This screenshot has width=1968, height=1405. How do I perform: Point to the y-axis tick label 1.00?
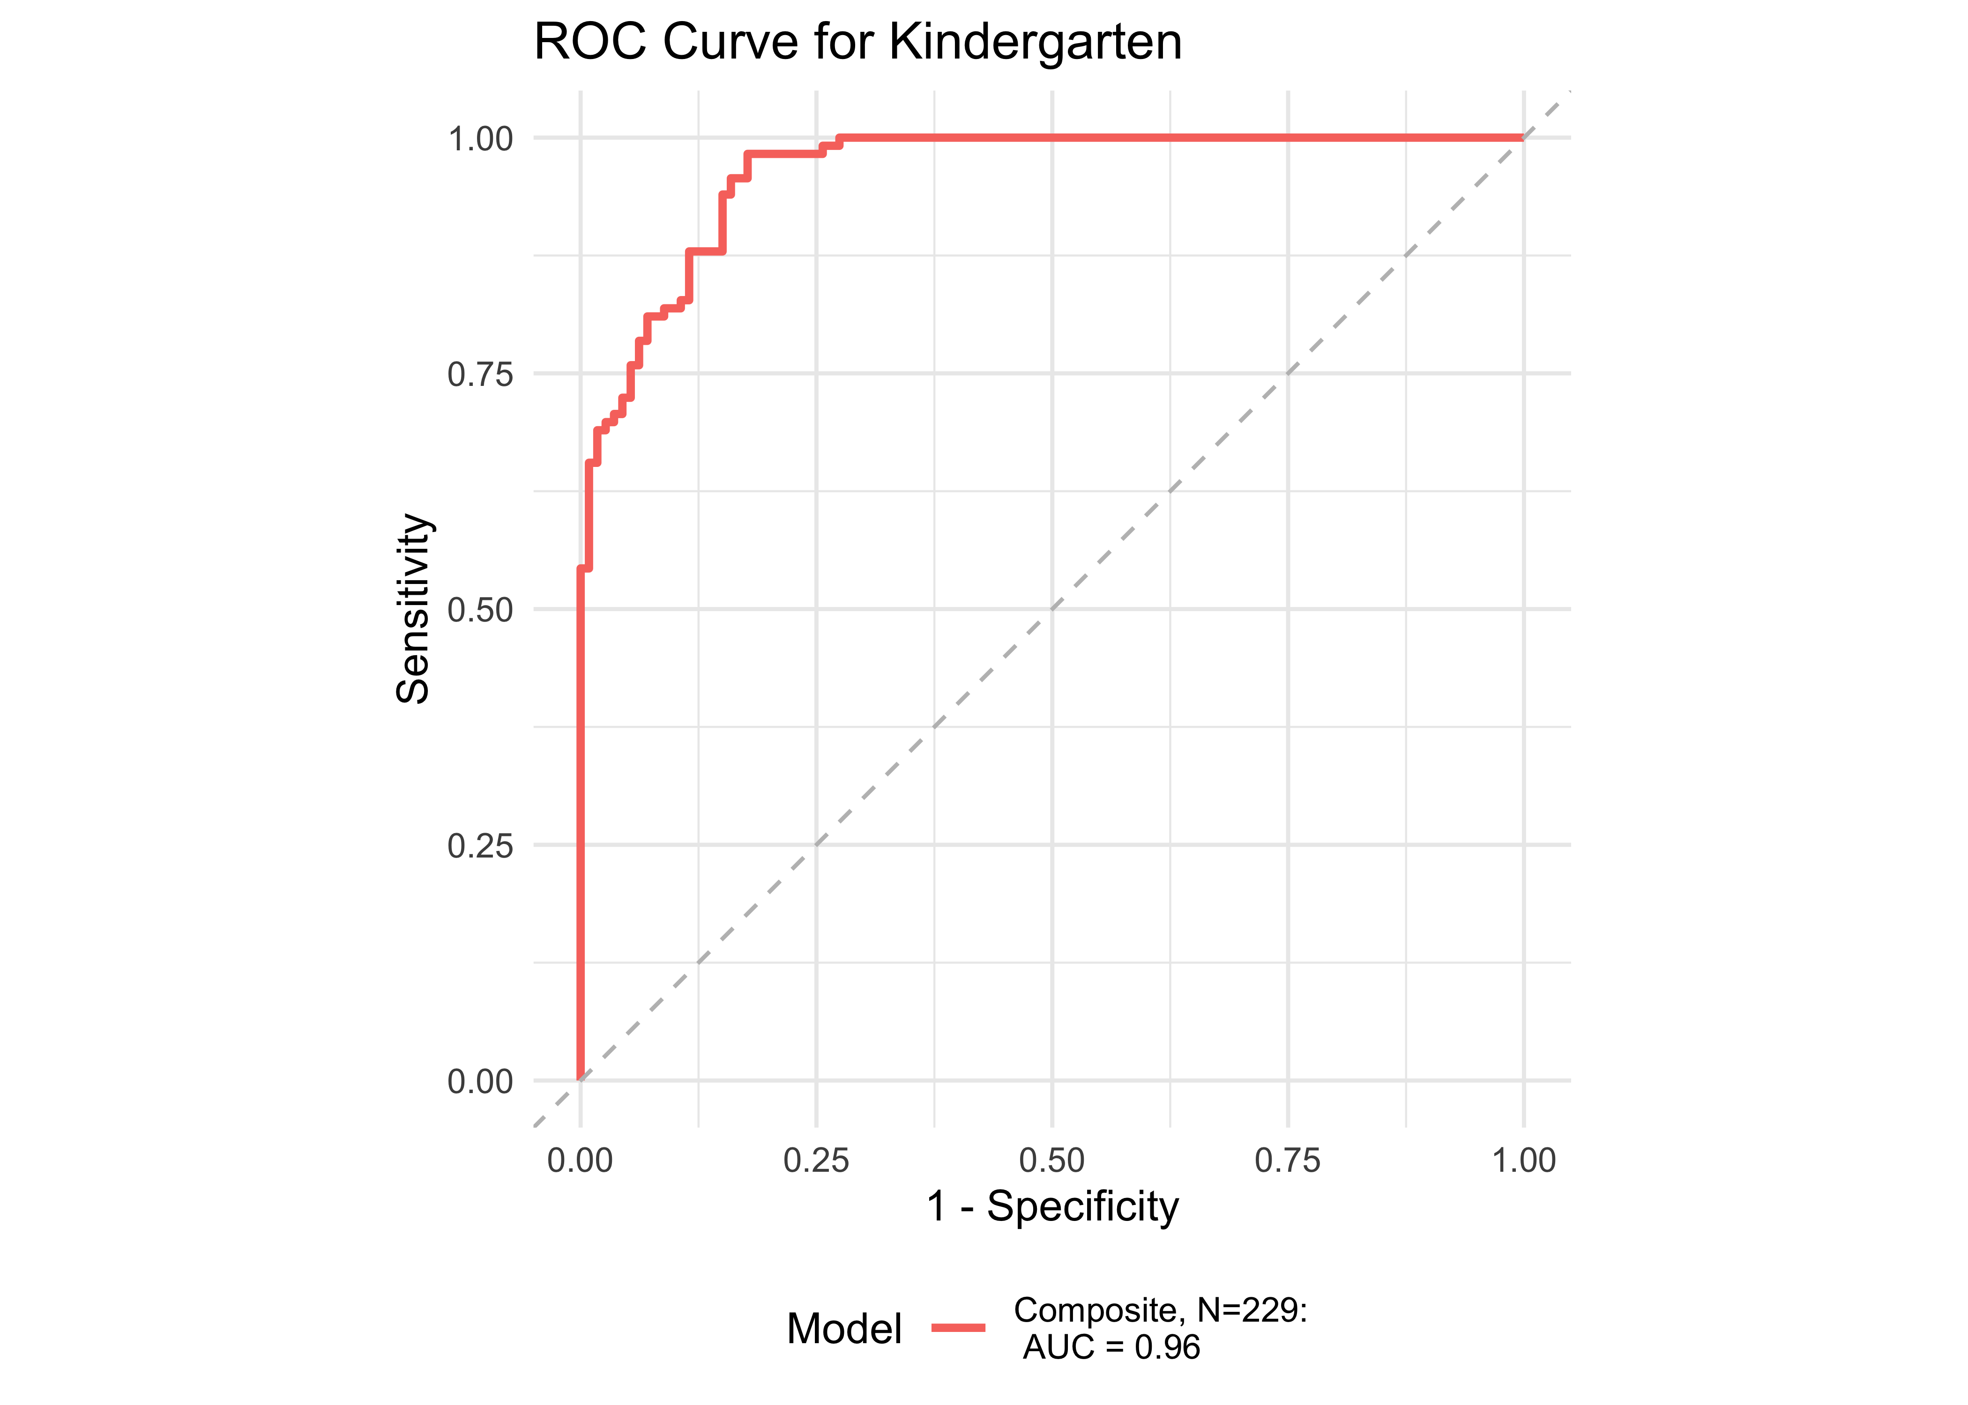click(480, 139)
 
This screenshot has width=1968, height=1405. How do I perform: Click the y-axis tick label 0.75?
click(480, 375)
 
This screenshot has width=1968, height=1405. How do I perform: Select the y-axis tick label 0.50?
click(480, 610)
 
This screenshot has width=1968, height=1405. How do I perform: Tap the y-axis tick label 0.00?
click(480, 1081)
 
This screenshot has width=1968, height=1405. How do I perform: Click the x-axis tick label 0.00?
click(580, 1160)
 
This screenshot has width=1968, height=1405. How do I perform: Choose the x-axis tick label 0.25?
click(816, 1160)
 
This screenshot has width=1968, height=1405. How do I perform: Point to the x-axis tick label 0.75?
click(1288, 1160)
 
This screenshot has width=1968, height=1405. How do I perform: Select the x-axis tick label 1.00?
click(1523, 1160)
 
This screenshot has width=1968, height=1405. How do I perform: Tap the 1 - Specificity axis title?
click(1052, 1206)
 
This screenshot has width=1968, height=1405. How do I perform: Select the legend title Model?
click(844, 1329)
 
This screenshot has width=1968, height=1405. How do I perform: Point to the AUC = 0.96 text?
click(1111, 1347)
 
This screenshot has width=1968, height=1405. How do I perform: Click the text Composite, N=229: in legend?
click(1160, 1311)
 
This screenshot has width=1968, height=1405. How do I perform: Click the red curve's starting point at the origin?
click(580, 1079)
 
